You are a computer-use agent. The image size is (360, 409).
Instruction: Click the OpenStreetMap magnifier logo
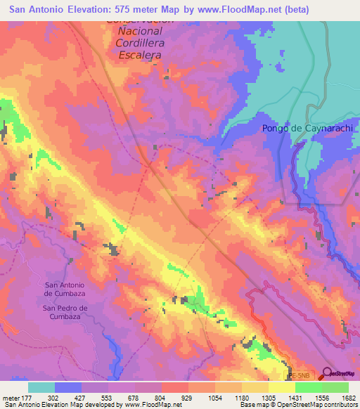(326, 373)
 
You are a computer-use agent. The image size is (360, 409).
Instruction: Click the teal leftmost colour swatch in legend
(41, 387)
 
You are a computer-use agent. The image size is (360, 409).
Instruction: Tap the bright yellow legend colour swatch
(282, 387)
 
